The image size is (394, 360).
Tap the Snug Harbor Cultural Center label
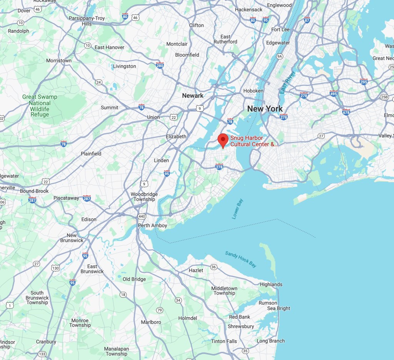[x=254, y=141]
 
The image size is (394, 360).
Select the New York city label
[x=265, y=109]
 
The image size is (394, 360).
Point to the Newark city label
[x=193, y=95]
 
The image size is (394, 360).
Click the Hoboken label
[x=253, y=91]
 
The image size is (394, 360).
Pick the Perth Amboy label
[x=152, y=226]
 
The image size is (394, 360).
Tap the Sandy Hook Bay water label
[x=241, y=259]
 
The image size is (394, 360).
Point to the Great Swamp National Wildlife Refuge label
[x=40, y=105]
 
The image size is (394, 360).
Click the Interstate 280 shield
[x=160, y=65]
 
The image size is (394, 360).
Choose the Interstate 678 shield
[x=346, y=112]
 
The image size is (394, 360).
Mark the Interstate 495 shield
[x=334, y=93]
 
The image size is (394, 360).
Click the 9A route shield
[x=280, y=57]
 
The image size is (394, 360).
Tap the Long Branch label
[x=270, y=341]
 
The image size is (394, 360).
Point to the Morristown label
[x=59, y=60]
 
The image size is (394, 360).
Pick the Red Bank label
[x=239, y=317]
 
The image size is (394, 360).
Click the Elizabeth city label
[x=176, y=136]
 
